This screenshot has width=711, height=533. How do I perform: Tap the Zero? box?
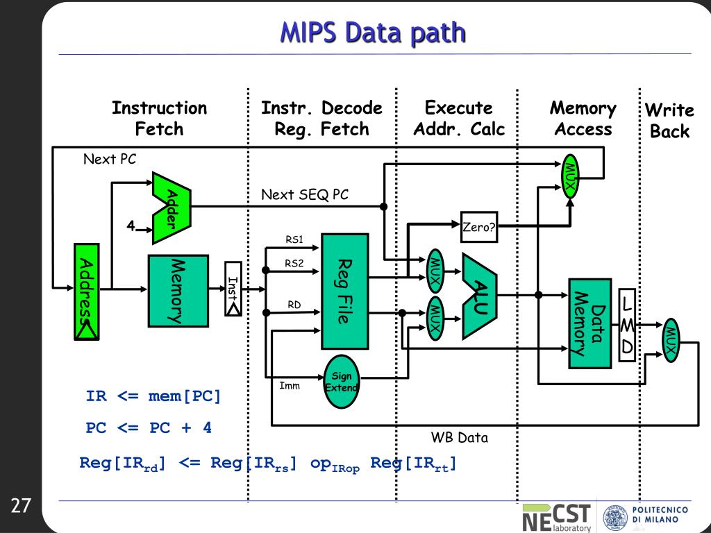479,226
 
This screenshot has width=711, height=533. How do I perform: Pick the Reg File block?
344,291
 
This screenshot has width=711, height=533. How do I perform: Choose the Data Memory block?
589,323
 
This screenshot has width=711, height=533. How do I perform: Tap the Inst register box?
233,288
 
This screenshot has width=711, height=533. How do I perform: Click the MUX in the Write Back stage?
670,340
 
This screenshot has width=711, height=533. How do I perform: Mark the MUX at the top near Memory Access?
570,175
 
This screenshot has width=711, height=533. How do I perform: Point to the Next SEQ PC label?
305,195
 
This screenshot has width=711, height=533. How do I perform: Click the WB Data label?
459,438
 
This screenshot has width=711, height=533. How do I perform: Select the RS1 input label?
294,240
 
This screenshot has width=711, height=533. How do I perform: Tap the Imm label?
290,385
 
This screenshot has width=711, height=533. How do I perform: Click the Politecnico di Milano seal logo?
613,518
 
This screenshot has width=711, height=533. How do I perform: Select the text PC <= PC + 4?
149,428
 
